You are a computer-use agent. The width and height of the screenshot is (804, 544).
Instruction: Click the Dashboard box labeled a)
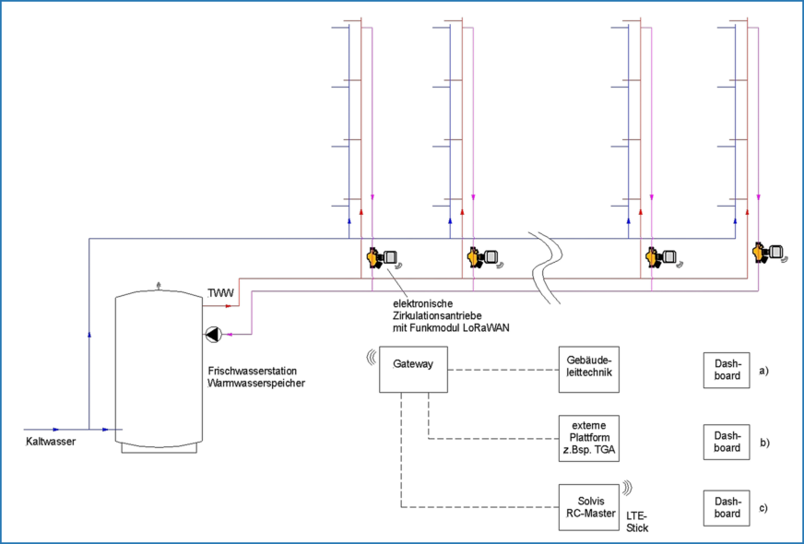coord(727,371)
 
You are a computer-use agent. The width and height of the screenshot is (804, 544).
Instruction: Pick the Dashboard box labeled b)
coord(727,442)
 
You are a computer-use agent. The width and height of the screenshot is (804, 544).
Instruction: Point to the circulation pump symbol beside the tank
coord(214,335)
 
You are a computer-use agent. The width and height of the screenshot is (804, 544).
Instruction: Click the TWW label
coord(220,293)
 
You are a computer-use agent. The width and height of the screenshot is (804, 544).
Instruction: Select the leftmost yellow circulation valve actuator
coord(373,258)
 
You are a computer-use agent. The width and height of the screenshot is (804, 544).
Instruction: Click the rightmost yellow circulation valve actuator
coord(762,251)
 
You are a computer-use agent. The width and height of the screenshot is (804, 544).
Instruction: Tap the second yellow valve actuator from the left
coord(477,256)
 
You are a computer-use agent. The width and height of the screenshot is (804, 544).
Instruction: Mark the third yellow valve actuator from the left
coord(655,256)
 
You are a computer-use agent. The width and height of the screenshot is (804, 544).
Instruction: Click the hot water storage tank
coord(159,369)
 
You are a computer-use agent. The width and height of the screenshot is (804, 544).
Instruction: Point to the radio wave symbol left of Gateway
coord(372,355)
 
